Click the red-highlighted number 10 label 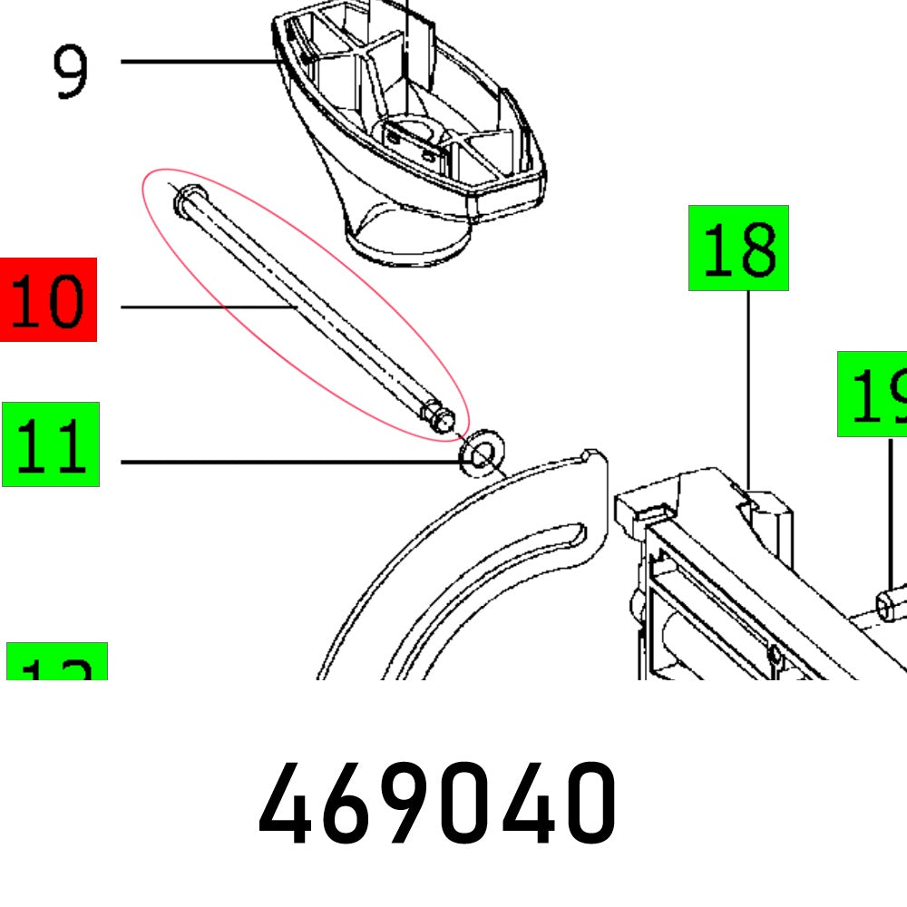pyautogui.click(x=48, y=300)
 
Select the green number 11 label pyautogui.click(x=51, y=444)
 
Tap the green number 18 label pyautogui.click(x=738, y=249)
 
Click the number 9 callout pyautogui.click(x=71, y=73)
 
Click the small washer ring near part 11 pyautogui.click(x=481, y=452)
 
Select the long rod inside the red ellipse pyautogui.click(x=308, y=308)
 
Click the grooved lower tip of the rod pyautogui.click(x=439, y=417)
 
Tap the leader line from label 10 pyautogui.click(x=209, y=307)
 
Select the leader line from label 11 pyautogui.click(x=290, y=463)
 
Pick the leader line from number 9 pyautogui.click(x=200, y=62)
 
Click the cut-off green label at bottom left pyautogui.click(x=56, y=662)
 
